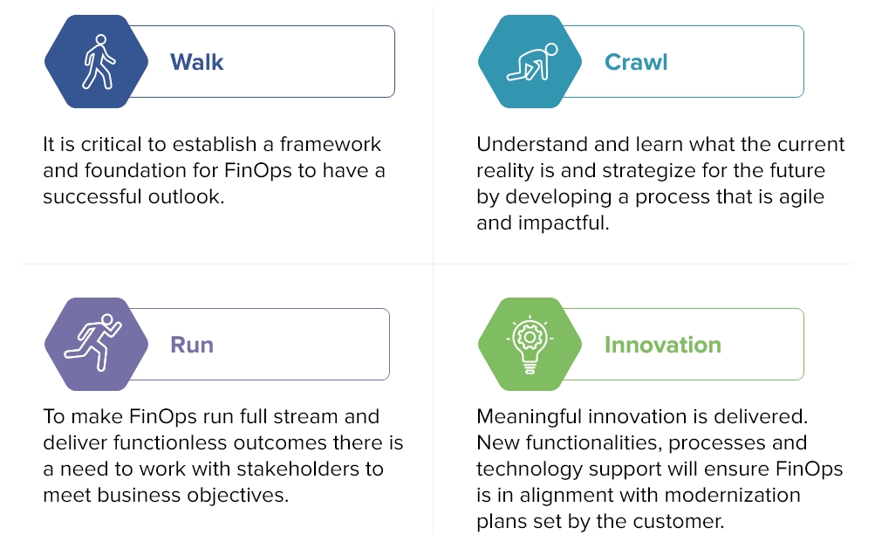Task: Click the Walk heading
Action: [196, 62]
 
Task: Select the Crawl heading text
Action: [636, 62]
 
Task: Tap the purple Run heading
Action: [192, 345]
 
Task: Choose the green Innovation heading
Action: [662, 345]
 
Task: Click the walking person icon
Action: [97, 62]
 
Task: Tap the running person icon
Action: [96, 344]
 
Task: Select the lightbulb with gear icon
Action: [530, 344]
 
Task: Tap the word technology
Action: [531, 469]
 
